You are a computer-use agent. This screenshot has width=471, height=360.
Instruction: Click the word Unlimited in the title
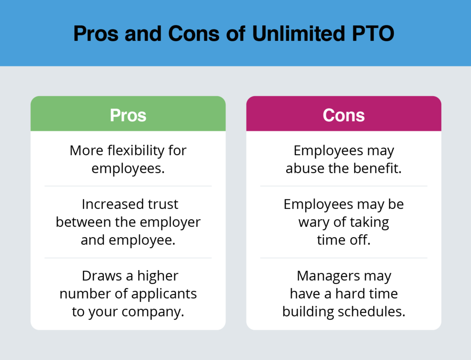(298, 33)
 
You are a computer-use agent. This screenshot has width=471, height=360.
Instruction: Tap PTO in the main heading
(373, 33)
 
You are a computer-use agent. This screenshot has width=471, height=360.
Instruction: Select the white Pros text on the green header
(128, 115)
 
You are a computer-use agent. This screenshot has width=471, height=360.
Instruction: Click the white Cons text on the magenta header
(344, 115)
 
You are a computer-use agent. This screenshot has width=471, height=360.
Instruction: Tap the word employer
(170, 222)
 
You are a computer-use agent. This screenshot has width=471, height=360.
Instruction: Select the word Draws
(102, 276)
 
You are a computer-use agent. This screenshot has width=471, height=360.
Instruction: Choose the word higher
(158, 276)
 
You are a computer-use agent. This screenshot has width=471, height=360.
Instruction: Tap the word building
(308, 312)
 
